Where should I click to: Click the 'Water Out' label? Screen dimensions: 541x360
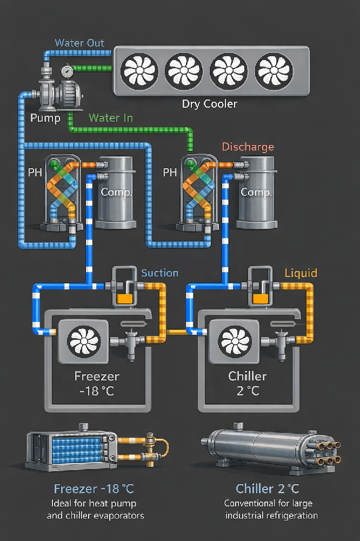pos(79,43)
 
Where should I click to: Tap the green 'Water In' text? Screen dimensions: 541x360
pos(111,117)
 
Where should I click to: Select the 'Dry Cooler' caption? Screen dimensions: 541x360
pos(209,104)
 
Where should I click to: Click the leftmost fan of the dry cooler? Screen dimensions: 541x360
pos(138,70)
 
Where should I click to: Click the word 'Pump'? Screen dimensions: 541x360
pos(45,118)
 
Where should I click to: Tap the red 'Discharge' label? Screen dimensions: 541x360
pos(248,147)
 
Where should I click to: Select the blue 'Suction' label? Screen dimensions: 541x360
pos(159,273)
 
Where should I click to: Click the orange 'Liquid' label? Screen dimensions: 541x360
pos(301,273)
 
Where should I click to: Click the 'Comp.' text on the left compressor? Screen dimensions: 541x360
pos(116,192)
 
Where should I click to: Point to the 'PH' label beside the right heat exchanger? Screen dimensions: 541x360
pos(170,173)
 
